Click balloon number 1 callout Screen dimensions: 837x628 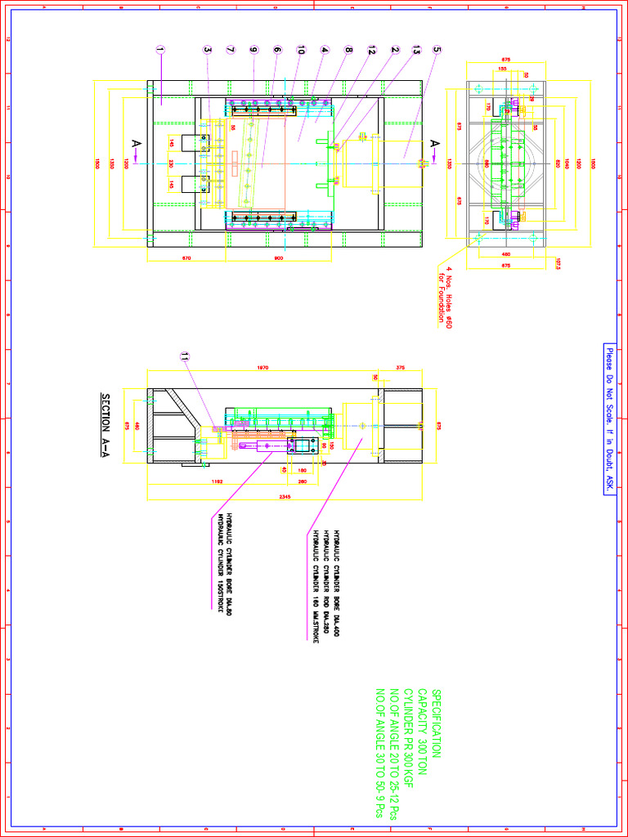[160, 50]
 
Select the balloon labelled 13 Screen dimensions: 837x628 [416, 50]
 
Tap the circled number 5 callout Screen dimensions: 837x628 [438, 50]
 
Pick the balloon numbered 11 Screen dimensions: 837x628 [185, 356]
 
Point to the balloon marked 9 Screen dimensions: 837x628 [253, 50]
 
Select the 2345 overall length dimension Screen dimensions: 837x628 [285, 496]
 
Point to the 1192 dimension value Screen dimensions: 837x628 [218, 481]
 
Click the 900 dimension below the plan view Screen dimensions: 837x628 [277, 259]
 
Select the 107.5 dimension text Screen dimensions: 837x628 [558, 264]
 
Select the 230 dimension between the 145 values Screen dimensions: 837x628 [171, 163]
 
